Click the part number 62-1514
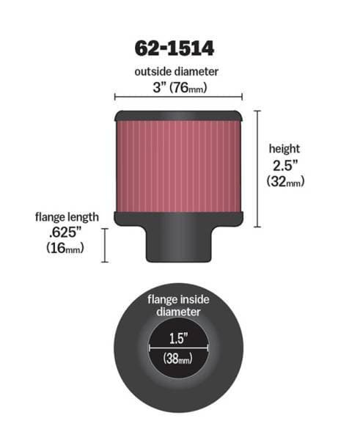coord(175,48)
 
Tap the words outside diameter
coord(176,72)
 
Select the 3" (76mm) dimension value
coord(180,87)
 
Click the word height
coord(284,149)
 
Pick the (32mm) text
coord(285,181)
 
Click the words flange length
coord(67,217)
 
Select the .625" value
coord(65,232)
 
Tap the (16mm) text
coord(65,248)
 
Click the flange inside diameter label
coord(178,306)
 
